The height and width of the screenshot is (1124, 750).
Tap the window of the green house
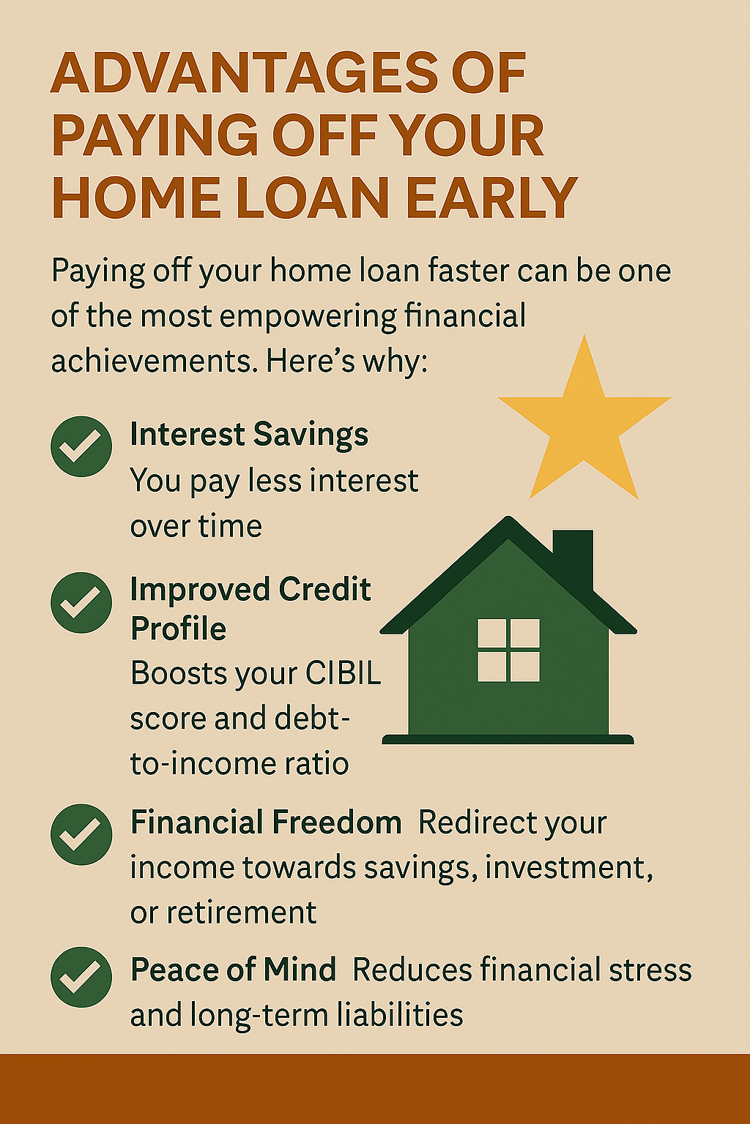[508, 651]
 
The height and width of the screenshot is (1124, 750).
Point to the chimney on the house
[573, 557]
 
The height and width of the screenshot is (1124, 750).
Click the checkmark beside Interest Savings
[81, 446]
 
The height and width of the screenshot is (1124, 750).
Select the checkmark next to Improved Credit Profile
[81, 602]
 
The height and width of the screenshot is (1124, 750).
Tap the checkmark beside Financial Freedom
[81, 834]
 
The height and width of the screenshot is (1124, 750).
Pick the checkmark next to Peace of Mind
[81, 977]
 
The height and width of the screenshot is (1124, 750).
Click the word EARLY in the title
[491, 197]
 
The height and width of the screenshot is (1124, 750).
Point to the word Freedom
[337, 823]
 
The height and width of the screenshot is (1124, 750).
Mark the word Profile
[178, 629]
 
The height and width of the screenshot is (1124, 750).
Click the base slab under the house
[508, 739]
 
